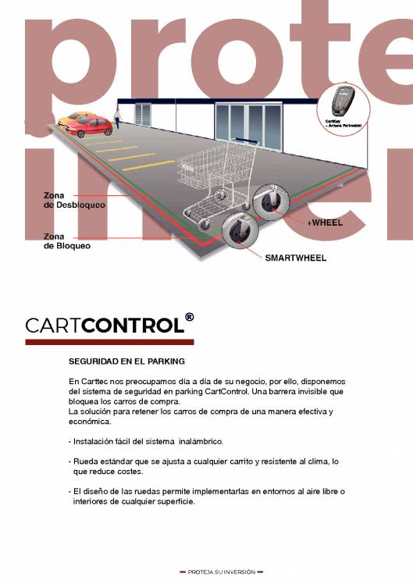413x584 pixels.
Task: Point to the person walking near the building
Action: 117,117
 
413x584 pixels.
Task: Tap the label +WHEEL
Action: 324,223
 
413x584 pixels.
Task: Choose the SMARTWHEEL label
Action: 296,257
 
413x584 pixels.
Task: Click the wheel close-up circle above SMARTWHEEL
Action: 237,230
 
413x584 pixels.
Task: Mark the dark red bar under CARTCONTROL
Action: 109,342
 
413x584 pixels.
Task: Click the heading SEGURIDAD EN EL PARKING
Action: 126,361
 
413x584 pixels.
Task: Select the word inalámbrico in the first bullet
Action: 201,442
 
